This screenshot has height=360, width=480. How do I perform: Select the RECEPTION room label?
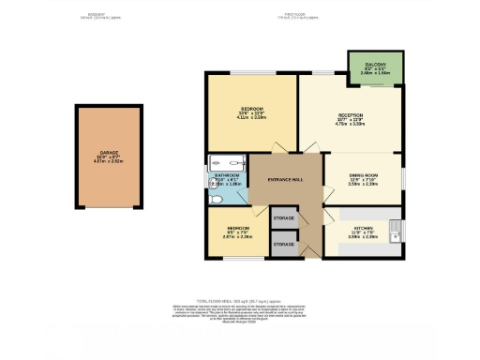(351, 115)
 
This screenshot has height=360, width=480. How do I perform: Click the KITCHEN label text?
(364, 229)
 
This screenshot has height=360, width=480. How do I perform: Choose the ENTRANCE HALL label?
(285, 179)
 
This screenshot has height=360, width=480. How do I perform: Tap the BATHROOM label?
(227, 176)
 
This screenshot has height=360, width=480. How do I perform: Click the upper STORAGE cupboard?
(283, 218)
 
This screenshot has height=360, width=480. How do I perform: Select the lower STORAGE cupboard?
(283, 244)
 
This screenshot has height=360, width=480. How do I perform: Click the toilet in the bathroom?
(215, 199)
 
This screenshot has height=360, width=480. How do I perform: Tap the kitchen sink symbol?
(397, 227)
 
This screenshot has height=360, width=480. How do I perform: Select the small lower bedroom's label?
(236, 229)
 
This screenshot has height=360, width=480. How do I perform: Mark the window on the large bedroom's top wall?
(251, 72)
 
